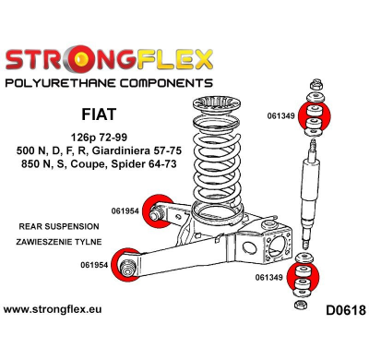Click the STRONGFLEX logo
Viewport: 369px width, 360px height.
[x=108, y=61]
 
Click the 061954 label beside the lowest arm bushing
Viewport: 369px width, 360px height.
[x=92, y=267]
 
